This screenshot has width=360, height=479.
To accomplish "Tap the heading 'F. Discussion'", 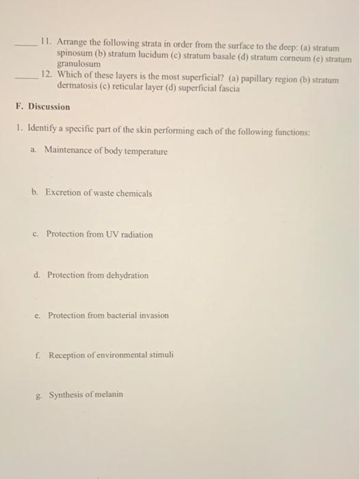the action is [x=42, y=107].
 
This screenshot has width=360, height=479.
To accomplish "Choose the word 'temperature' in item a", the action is [x=144, y=151].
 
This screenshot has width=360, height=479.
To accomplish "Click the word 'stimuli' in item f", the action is [x=160, y=355].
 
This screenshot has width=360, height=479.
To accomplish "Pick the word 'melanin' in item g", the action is [x=107, y=394].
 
